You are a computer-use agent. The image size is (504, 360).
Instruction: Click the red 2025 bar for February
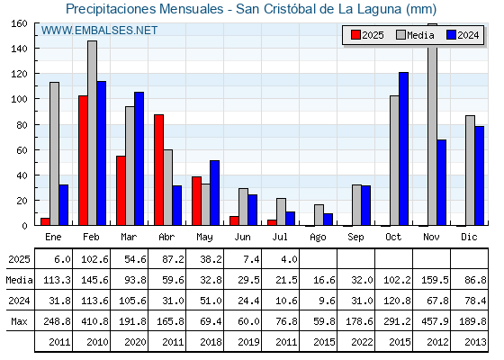(83, 160)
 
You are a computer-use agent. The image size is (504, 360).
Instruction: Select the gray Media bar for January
(54, 154)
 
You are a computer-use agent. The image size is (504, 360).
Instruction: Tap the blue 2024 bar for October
(404, 148)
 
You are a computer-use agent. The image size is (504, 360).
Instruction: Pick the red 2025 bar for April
(158, 170)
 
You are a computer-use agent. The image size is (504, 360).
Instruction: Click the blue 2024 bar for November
(441, 183)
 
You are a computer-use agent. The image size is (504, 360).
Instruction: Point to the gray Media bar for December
(470, 170)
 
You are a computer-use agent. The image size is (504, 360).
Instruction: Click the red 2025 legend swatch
(355, 35)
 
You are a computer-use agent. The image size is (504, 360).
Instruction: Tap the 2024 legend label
(468, 35)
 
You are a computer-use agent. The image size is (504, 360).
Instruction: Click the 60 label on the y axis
(22, 150)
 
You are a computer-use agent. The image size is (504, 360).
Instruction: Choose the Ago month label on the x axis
(318, 238)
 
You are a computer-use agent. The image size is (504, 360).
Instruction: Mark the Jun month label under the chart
(242, 238)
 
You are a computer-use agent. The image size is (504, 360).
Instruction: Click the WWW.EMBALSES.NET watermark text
(99, 31)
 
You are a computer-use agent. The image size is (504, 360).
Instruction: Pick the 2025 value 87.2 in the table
(173, 259)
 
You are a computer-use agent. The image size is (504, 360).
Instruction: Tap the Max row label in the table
(19, 321)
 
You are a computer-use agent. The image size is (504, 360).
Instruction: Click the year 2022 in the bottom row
(362, 342)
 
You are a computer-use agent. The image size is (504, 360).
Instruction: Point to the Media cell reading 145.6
(94, 280)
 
